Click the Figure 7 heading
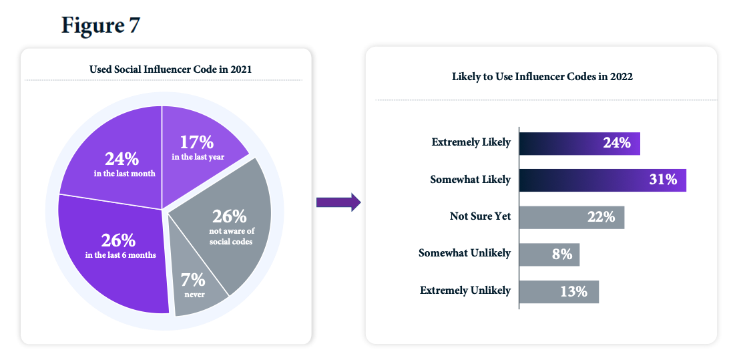(x=101, y=25)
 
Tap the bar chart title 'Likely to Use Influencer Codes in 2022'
(x=542, y=77)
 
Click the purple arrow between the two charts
(x=338, y=202)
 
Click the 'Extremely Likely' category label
(x=471, y=142)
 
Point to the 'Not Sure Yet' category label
(x=480, y=216)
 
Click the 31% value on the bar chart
(x=663, y=180)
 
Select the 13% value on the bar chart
(x=573, y=291)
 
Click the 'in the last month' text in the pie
(x=124, y=174)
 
